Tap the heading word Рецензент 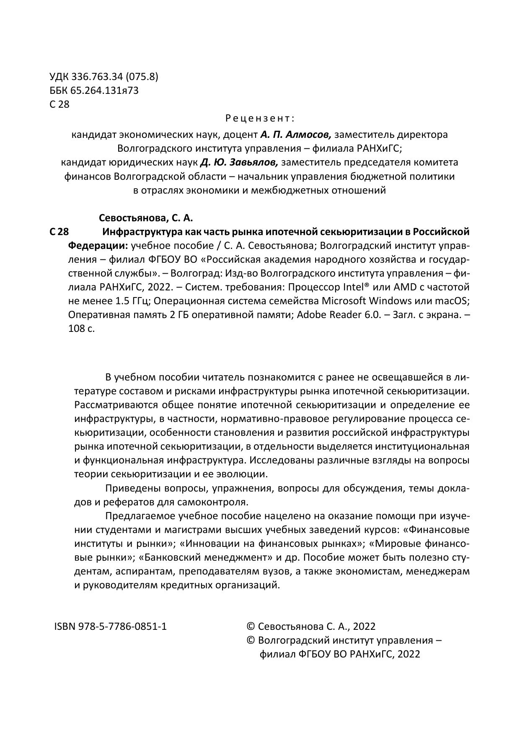coord(260,118)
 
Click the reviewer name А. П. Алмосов coord(296,135)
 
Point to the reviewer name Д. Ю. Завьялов coord(239,162)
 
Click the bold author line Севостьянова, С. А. coord(145,218)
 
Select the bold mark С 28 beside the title coord(59,232)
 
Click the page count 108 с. coord(81,329)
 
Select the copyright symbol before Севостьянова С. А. coord(251,626)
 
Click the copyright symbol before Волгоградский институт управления coord(251,640)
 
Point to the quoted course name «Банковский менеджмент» coord(204,557)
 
